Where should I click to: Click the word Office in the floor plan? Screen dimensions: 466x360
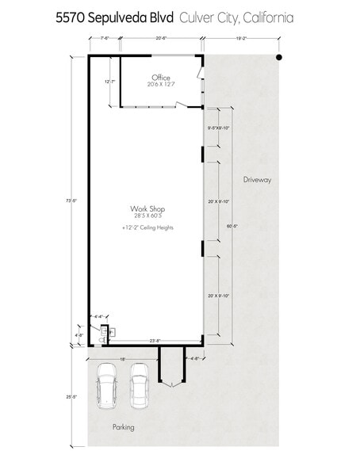(162, 78)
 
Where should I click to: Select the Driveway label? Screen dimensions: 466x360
(257, 180)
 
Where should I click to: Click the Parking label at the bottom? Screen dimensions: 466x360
(123, 427)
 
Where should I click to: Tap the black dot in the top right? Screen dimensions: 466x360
(278, 58)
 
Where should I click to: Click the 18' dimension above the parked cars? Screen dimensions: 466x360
(122, 358)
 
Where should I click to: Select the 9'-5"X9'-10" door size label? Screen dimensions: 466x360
(218, 128)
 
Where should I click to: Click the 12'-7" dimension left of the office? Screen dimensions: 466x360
(110, 82)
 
